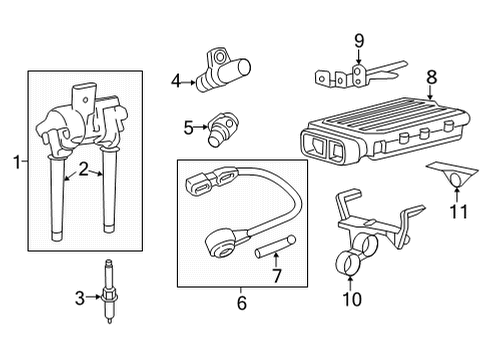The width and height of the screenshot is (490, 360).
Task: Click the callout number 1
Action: (x=17, y=162)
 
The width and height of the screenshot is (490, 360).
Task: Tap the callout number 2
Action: (x=83, y=169)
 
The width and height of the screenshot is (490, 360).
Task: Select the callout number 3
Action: (x=80, y=298)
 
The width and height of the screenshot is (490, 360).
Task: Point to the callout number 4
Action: (x=176, y=81)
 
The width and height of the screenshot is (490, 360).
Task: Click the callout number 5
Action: (x=189, y=127)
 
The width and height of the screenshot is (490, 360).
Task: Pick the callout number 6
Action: (x=242, y=303)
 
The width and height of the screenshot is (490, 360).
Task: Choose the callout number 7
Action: (x=277, y=275)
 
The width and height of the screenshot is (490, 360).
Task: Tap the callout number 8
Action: (x=431, y=77)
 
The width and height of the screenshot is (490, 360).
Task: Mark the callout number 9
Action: (x=359, y=41)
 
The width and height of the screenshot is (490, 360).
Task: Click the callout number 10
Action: (x=352, y=299)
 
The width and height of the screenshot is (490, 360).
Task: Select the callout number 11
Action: (x=458, y=211)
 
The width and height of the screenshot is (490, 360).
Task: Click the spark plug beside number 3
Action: (x=108, y=291)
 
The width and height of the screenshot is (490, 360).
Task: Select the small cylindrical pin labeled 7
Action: (x=275, y=247)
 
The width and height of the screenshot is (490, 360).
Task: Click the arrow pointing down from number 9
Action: (x=359, y=56)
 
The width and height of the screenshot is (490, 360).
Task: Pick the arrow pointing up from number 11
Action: (x=457, y=195)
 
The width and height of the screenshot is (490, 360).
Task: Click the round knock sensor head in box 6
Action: (x=220, y=245)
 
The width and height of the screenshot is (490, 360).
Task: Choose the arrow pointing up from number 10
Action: (x=350, y=282)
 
